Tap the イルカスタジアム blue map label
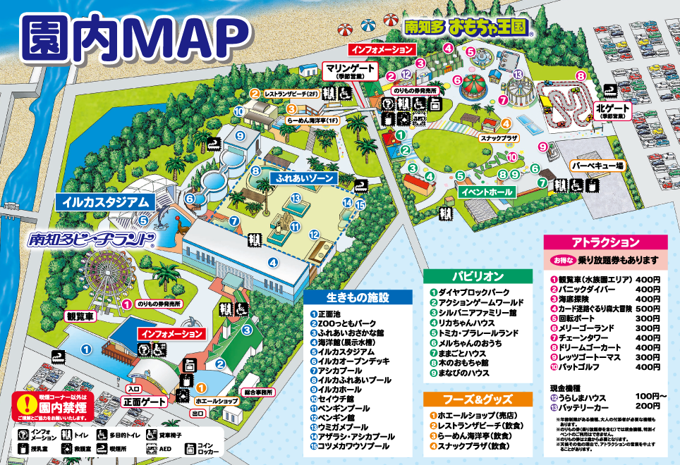point(106,201)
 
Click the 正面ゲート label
point(144,402)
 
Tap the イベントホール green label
point(486,191)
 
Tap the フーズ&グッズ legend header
point(477,399)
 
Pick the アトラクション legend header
point(605,242)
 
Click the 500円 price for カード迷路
point(647,309)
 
